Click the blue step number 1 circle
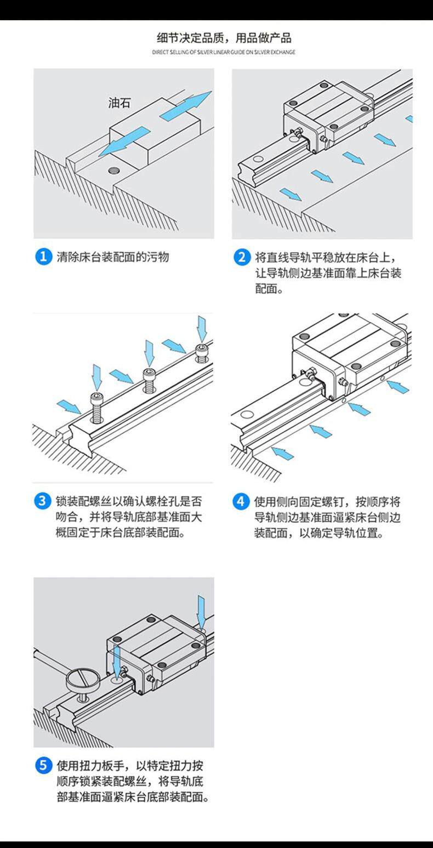[x=43, y=257]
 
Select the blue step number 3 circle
[x=43, y=501]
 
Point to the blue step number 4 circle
[x=241, y=501]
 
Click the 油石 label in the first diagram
[x=119, y=103]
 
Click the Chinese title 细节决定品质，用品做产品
[x=224, y=38]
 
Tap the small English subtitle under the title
[x=224, y=52]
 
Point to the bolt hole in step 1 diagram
[x=113, y=169]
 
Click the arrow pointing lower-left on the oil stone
[x=126, y=141]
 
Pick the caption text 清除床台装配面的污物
[x=113, y=257]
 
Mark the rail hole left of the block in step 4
[x=246, y=415]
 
